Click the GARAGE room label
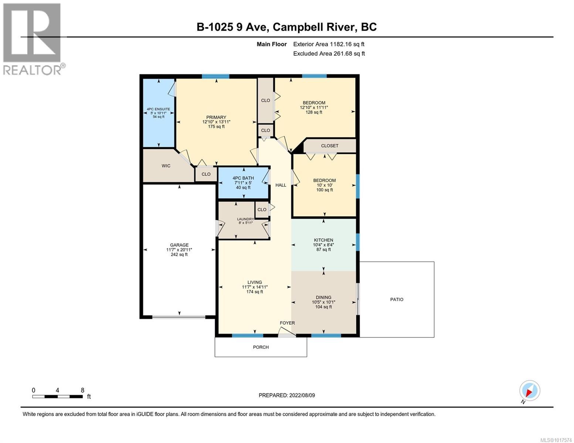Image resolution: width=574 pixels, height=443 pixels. coord(179,245)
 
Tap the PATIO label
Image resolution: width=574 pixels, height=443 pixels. coord(397,299)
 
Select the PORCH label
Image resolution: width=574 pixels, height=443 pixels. coord(261,347)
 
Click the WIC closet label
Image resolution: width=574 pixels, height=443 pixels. coord(166,166)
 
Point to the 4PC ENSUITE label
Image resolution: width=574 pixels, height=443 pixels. coord(158,109)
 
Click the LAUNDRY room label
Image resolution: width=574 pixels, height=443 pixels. coord(245,219)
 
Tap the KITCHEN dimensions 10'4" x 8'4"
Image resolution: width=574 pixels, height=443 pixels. coord(323,245)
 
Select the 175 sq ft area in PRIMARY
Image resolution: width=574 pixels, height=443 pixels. coord(216,127)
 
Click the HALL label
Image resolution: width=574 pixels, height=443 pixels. coord(281,185)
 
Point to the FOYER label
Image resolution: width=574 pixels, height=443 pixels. coord(287,323)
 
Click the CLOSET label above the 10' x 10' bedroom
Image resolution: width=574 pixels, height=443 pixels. coord(329,146)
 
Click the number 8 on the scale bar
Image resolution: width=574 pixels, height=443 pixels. coord(82,390)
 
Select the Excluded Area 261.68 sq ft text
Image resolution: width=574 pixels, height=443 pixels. coord(329,54)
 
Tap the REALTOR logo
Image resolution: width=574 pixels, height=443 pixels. coord(33,39)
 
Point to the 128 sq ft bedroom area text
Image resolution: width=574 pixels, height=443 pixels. coord(314,112)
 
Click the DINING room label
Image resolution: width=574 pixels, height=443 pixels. coord(323,297)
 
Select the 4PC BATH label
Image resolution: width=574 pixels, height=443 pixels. coord(243,178)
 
